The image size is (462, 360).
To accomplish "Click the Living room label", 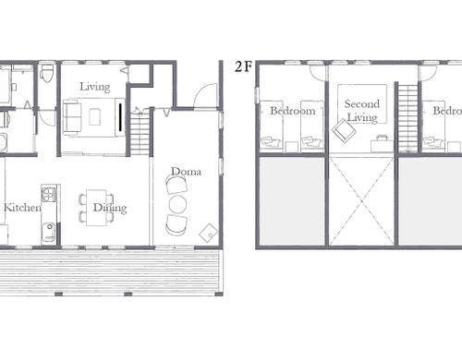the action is click(x=95, y=87).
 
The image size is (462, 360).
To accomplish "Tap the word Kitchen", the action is click(x=22, y=207).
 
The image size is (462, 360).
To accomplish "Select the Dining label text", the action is click(x=110, y=208).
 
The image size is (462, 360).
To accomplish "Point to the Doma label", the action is click(x=186, y=172).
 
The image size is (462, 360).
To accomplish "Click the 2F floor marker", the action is click(x=243, y=66).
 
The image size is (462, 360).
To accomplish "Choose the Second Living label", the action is click(x=362, y=111).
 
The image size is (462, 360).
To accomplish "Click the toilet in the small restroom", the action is click(x=47, y=73).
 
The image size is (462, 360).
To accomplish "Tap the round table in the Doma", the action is click(x=177, y=204).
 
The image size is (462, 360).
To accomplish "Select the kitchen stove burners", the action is click(x=48, y=195).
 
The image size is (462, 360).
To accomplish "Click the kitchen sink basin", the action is click(x=49, y=230).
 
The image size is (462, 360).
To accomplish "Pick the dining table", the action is click(x=96, y=208).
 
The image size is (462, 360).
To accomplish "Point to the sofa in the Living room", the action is click(x=71, y=117).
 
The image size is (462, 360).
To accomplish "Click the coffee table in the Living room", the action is click(x=94, y=117).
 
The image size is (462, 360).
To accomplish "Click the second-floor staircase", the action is click(x=408, y=118).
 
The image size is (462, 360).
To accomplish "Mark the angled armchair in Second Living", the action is click(x=344, y=131).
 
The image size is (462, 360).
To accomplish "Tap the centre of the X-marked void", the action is click(x=361, y=201).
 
